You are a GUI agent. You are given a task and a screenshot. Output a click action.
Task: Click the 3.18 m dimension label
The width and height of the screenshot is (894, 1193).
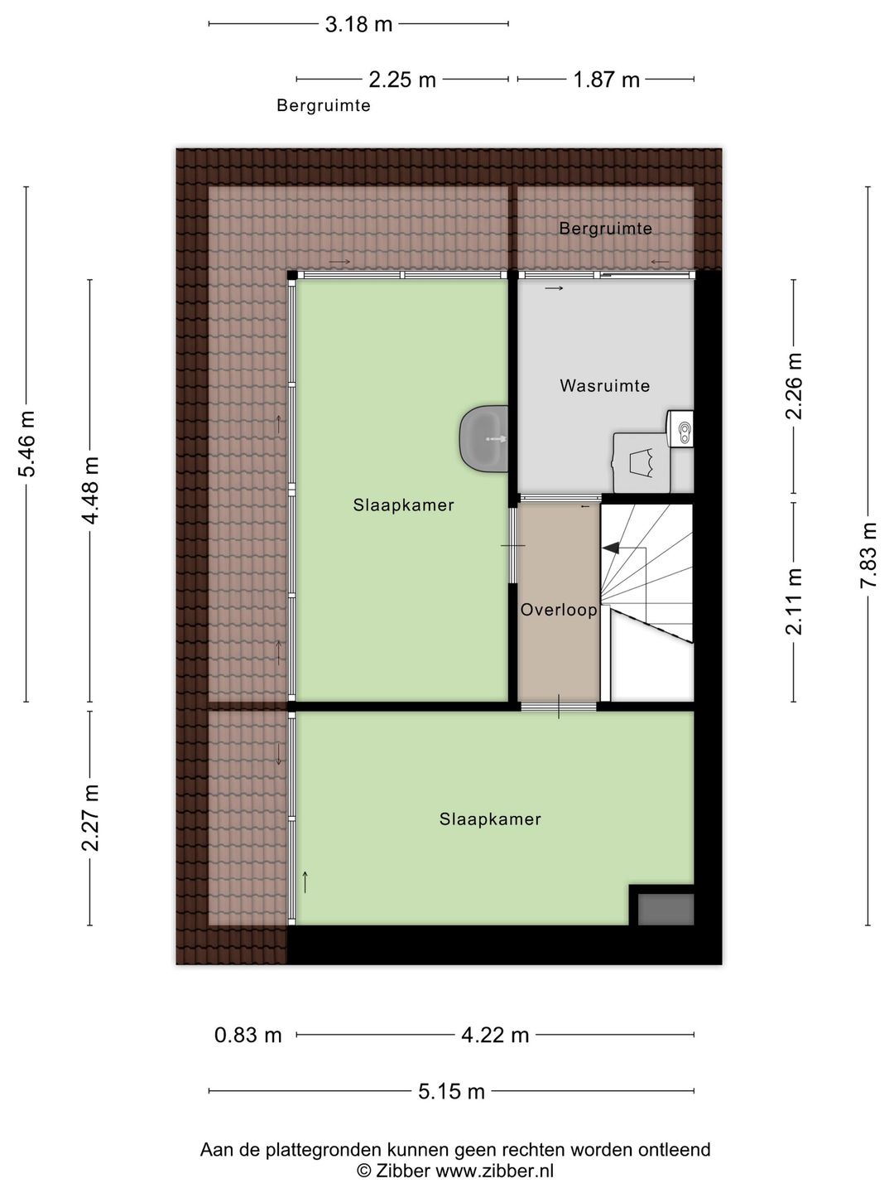[x=358, y=25]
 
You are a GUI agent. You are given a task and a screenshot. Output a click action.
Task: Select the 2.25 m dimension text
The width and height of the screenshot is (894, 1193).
[x=402, y=80]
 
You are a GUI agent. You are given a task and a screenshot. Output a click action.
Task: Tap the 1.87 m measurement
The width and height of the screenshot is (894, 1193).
[x=606, y=80]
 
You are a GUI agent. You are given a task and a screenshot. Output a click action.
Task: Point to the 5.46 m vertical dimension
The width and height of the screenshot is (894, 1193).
[x=26, y=444]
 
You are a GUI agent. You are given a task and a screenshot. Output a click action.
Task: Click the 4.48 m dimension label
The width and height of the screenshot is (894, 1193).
[x=90, y=490]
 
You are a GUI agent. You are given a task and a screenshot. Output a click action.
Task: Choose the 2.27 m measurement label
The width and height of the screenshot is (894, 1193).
[x=90, y=818]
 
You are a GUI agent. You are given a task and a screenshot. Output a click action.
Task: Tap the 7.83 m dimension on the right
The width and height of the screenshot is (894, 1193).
[x=868, y=555]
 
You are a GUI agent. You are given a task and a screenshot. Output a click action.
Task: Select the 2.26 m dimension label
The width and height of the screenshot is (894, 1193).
[x=794, y=386]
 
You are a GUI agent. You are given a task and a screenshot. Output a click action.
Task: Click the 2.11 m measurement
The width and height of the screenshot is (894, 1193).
[x=794, y=601]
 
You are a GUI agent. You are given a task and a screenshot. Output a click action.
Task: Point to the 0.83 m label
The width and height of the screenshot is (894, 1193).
[x=248, y=1036]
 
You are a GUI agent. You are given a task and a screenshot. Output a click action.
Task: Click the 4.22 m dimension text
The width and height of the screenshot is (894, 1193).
[x=495, y=1036]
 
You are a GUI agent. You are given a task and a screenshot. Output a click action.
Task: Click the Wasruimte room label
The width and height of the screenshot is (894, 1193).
[x=604, y=386]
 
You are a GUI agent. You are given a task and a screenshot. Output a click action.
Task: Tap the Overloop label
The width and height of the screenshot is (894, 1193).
[x=559, y=611]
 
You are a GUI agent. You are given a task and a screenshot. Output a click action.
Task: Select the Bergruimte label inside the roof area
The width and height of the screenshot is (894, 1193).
[x=605, y=229]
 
